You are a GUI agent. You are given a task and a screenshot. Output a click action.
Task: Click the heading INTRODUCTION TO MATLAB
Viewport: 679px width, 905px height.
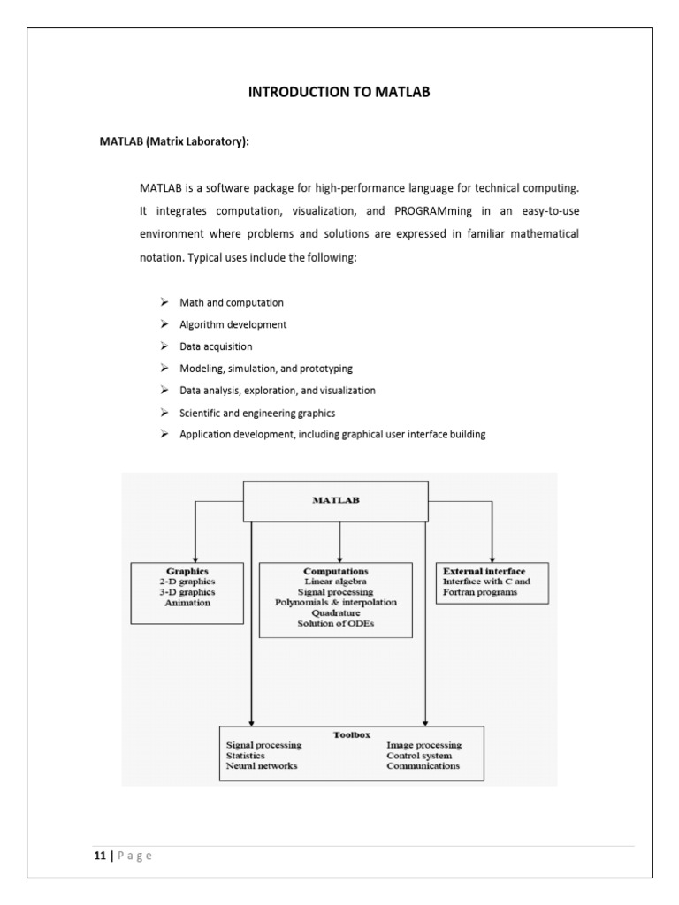339,92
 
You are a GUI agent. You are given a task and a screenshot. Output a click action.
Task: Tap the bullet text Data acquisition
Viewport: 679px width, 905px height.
216,346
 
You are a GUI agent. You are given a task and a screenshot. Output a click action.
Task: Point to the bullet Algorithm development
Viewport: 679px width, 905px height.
233,324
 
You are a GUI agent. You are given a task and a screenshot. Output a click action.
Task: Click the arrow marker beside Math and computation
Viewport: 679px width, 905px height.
164,302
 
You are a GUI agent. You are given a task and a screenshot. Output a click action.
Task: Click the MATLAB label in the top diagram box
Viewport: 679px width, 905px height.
335,500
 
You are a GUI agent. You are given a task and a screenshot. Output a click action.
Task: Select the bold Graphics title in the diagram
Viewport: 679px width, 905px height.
187,572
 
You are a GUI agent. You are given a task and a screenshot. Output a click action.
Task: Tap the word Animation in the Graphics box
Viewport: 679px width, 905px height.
187,603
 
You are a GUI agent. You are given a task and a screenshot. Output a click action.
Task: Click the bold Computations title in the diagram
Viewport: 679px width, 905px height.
335,572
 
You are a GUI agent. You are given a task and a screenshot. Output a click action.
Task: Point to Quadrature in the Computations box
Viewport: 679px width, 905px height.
335,613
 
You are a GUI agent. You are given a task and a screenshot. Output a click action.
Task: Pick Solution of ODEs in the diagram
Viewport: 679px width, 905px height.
335,624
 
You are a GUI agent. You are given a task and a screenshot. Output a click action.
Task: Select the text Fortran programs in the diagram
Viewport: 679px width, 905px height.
480,593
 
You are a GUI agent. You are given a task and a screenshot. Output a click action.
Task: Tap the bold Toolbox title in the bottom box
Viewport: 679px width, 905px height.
351,734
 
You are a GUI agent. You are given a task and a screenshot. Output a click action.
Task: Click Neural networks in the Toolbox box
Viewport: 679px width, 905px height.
262,766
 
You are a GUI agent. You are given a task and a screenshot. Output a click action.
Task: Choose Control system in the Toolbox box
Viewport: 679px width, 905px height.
418,756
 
